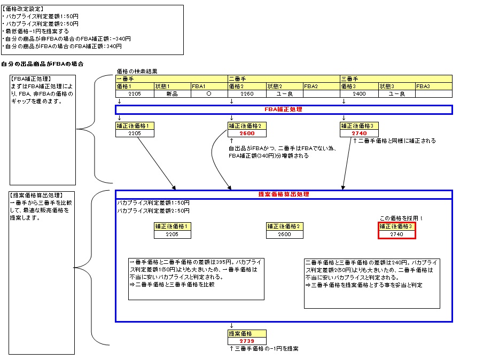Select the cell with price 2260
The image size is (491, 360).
[246, 94]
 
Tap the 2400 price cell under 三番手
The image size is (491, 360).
[358, 94]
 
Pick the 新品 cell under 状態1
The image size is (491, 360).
[172, 94]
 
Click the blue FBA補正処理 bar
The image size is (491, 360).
[284, 109]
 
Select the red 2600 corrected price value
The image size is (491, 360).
[246, 134]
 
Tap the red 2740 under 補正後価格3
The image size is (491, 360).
[358, 134]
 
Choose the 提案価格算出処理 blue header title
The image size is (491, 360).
[284, 194]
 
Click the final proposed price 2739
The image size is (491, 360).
[246, 341]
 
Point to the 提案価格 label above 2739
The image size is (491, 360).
[238, 333]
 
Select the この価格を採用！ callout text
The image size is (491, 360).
[401, 218]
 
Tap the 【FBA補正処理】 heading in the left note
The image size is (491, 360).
[31, 79]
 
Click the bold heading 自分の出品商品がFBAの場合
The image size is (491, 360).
[42, 64]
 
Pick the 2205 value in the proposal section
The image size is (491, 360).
[172, 234]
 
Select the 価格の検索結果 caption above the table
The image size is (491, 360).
[137, 71]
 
